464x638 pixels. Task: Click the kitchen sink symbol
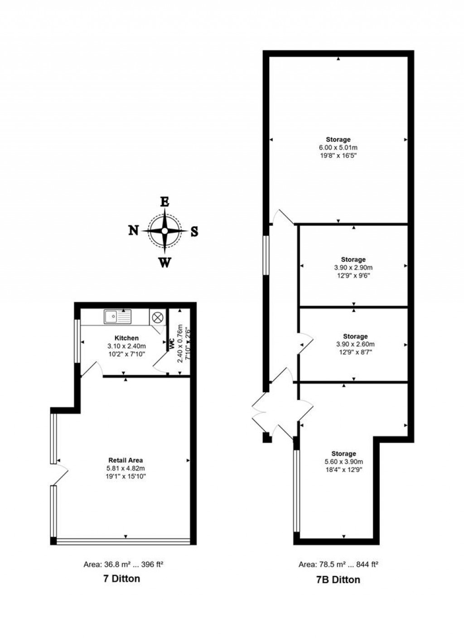coord(117,317)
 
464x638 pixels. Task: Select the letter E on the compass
coord(164,202)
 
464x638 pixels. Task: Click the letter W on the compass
coord(165,262)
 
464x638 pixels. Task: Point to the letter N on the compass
coord(133,231)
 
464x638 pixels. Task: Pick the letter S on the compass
coord(194,232)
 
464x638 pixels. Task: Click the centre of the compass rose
coord(164,231)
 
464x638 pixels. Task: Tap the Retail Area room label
coord(126,460)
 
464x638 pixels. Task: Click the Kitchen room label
coord(126,338)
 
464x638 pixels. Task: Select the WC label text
coord(172,344)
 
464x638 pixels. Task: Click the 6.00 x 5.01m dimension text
coord(338,147)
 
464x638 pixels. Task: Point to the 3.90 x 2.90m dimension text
coord(353,268)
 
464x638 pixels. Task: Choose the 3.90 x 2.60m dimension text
coord(355,344)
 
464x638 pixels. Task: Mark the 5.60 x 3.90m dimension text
coord(343,462)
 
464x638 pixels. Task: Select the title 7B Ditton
coord(338,580)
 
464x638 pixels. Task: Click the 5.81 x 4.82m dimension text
coord(126,468)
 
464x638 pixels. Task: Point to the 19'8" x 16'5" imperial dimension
coord(338,155)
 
